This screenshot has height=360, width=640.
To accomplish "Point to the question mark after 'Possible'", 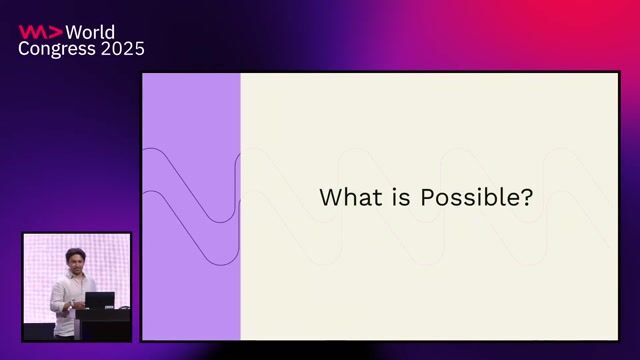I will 526,197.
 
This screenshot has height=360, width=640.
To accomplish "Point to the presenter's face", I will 75,260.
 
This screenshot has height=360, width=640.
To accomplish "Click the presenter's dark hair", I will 75,251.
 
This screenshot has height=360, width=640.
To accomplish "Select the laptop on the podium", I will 99,300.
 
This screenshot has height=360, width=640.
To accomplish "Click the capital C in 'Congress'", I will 24,48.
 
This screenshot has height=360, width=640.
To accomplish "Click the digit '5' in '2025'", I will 139,48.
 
